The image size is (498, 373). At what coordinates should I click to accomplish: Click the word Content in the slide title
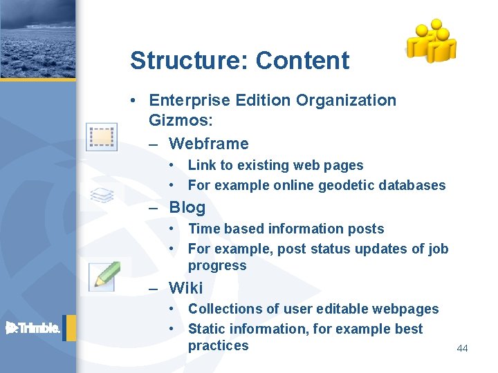[x=302, y=61]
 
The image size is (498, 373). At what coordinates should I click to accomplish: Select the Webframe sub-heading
[x=208, y=144]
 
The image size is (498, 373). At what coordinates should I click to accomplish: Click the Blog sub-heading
[x=187, y=207]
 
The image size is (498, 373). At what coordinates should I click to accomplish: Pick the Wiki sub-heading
[x=186, y=287]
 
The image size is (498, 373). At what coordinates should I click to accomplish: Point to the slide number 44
[x=462, y=348]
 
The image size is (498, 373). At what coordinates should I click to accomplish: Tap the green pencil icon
[x=105, y=275]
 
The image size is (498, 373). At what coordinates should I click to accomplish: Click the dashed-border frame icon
[x=102, y=137]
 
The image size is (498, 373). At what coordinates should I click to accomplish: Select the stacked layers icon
[x=102, y=195]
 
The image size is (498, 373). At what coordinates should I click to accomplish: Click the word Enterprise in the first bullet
[x=191, y=100]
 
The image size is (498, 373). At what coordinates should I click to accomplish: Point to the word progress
[x=216, y=266]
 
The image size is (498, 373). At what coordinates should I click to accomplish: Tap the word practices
[x=218, y=346]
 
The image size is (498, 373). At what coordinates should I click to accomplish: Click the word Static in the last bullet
[x=206, y=329]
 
